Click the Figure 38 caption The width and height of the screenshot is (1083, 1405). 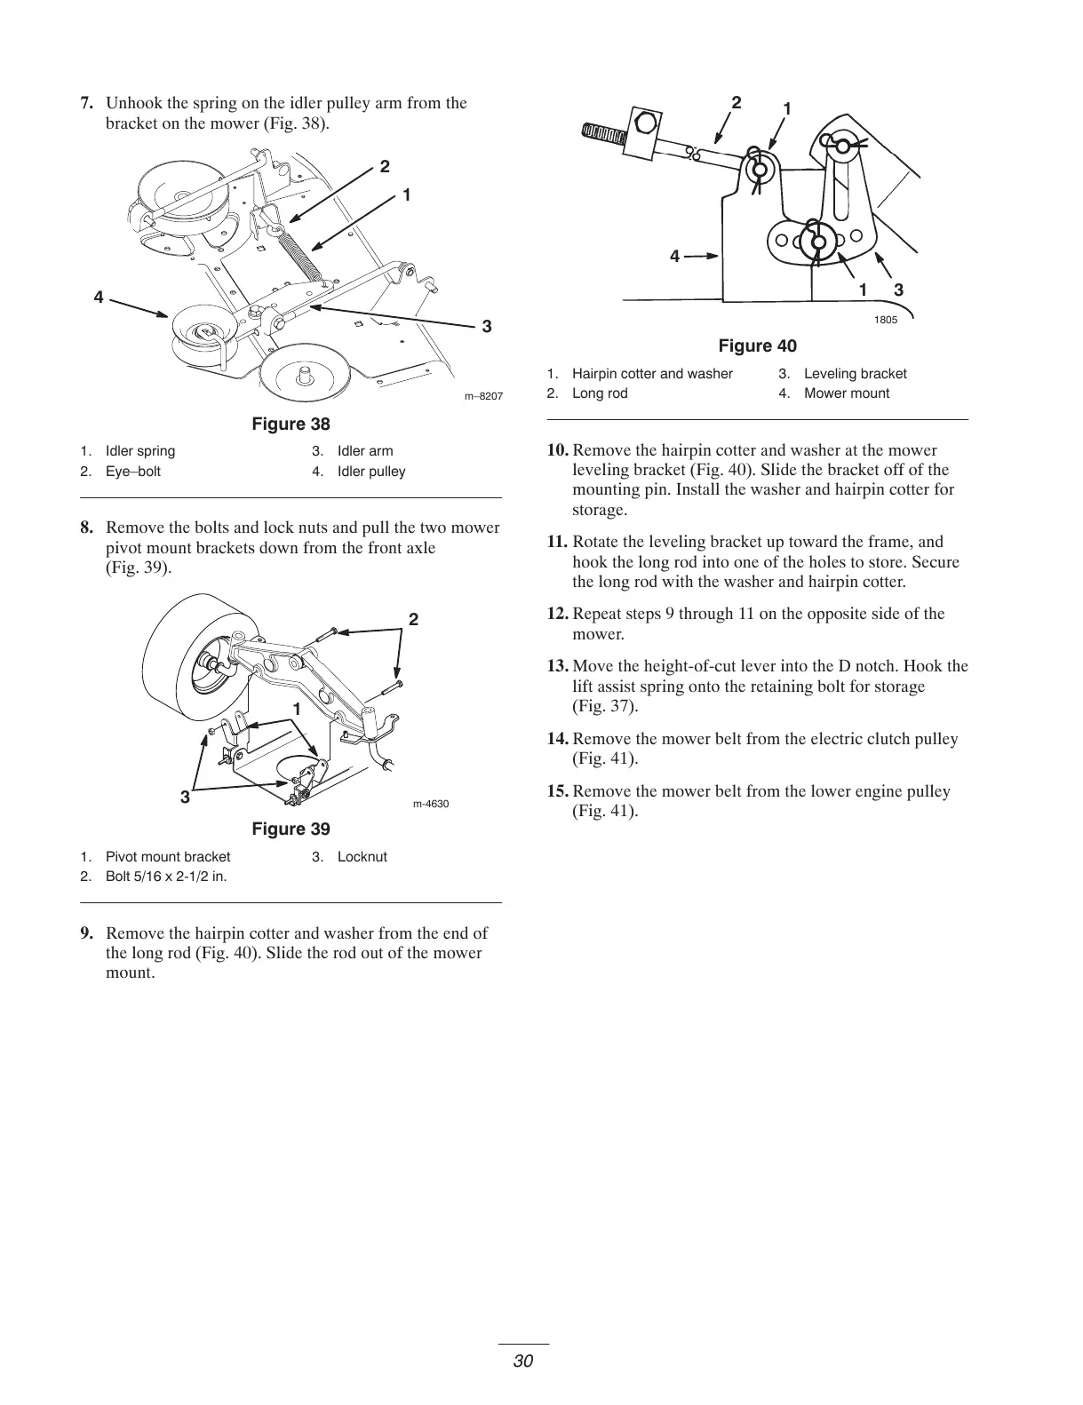coord(291,424)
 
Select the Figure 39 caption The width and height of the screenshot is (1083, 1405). coord(291,829)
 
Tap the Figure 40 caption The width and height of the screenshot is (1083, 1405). coord(757,345)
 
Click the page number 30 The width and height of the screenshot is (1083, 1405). coord(522,1361)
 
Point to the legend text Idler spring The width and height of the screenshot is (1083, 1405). coord(140,451)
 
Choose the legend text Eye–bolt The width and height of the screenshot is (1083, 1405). coord(133,472)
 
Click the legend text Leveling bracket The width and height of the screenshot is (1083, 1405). coord(855,374)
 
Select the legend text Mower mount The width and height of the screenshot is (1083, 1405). coord(846,393)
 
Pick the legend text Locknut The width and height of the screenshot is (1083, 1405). coord(362,857)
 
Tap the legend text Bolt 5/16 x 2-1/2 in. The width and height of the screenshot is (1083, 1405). coord(166,877)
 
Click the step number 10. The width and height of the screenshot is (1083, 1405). coord(558,450)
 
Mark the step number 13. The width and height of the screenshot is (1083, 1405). coord(558,666)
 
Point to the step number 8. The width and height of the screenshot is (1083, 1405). coord(86,528)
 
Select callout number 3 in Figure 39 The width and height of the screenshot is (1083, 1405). coord(185,797)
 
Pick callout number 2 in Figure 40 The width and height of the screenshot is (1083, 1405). coord(736,102)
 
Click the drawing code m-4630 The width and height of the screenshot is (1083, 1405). coord(431,805)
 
